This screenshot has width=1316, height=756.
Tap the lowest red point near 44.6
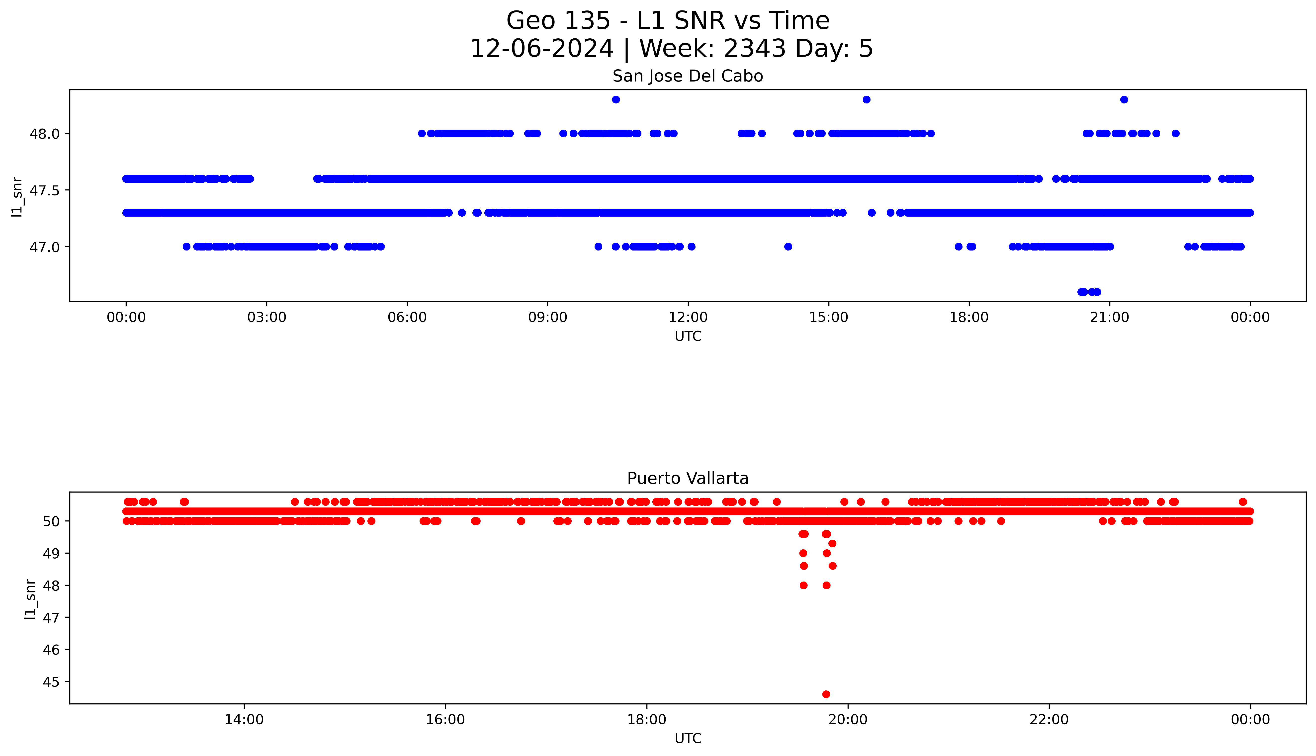826,694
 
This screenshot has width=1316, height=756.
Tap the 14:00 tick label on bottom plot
244,720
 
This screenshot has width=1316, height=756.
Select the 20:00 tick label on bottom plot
848,720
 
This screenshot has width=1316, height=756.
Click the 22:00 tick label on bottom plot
1049,720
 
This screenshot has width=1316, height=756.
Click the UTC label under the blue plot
688,336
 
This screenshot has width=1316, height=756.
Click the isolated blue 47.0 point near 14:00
788,247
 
